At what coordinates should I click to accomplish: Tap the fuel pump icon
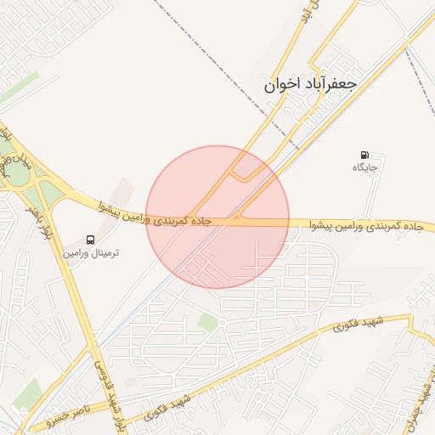pyautogui.click(x=364, y=155)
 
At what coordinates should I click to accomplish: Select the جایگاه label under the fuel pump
pyautogui.click(x=364, y=168)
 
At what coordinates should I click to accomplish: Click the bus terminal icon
pyautogui.click(x=91, y=240)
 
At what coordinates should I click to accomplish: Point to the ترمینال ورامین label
pyautogui.click(x=91, y=253)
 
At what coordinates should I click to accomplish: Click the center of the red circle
pyautogui.click(x=217, y=217)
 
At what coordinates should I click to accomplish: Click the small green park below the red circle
pyautogui.click(x=207, y=321)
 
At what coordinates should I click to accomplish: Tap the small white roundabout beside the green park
pyautogui.click(x=222, y=323)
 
